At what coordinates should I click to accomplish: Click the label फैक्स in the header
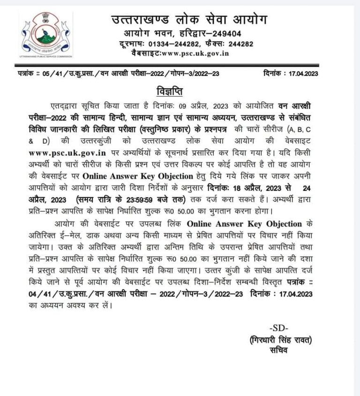215,44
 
